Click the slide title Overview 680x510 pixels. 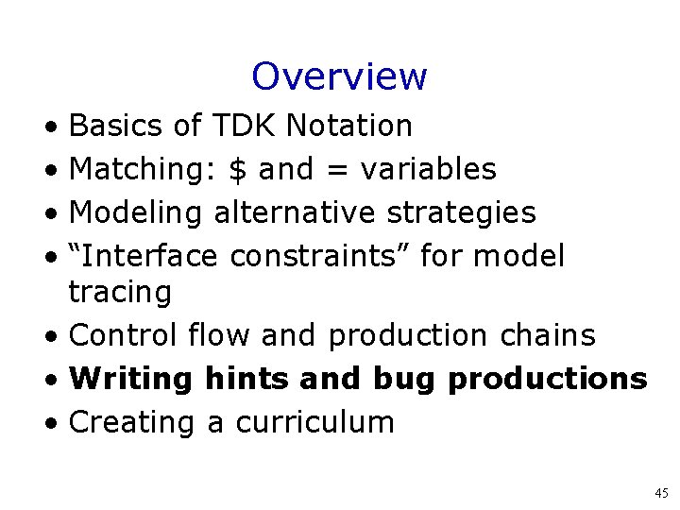click(339, 76)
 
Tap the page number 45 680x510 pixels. click(660, 493)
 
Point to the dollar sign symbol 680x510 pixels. click(238, 169)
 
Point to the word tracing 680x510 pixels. click(120, 294)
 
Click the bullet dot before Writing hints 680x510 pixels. click(58, 380)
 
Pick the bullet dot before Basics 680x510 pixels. click(58, 127)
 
